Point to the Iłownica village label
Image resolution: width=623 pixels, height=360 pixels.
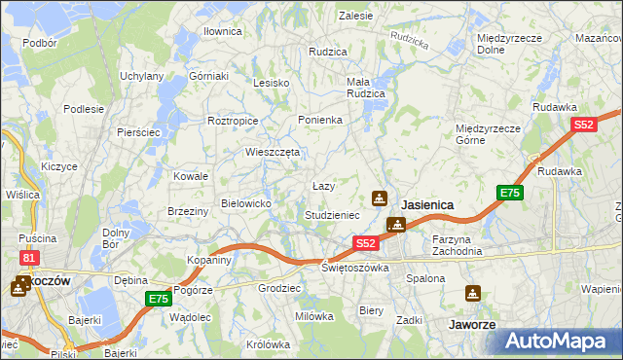click(x=222, y=31)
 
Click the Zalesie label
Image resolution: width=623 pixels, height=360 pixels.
click(x=356, y=16)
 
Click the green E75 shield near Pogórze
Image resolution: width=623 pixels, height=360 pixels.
click(x=159, y=299)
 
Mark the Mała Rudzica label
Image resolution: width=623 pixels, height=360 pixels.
click(x=366, y=88)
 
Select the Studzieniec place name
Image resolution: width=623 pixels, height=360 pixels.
click(x=333, y=214)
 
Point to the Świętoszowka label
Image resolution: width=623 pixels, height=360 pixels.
click(x=355, y=267)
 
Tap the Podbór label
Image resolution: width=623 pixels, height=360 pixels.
click(x=40, y=43)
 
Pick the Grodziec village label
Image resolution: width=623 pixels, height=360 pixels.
click(x=277, y=288)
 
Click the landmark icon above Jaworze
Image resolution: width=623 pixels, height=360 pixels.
click(x=473, y=293)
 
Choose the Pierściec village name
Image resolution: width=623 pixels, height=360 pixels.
click(x=137, y=131)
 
